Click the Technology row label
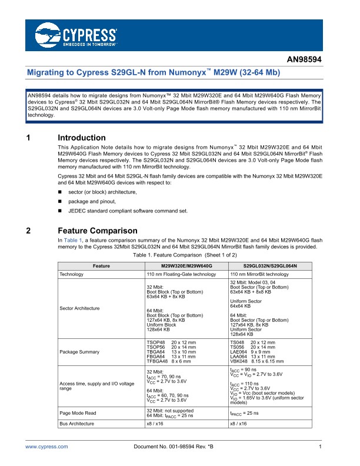pyautogui.click(x=74, y=274)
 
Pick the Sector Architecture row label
pyautogui.click(x=79, y=308)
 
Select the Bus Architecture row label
pyautogui.click(x=78, y=407)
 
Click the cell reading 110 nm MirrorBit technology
pyautogui.click(x=260, y=274)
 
